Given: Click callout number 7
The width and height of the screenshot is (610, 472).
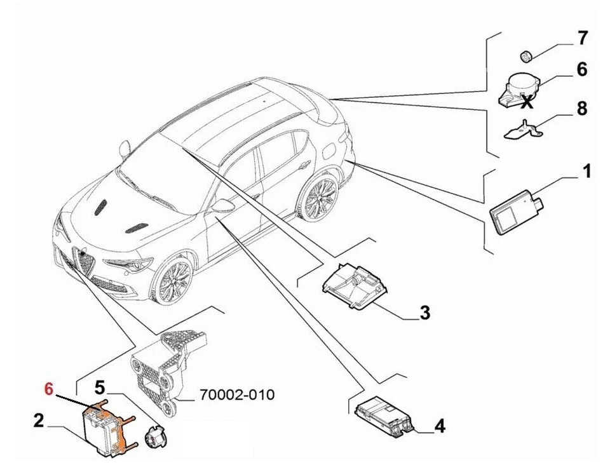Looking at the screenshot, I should tap(582, 37).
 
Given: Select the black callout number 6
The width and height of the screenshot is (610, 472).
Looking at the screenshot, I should tap(582, 69).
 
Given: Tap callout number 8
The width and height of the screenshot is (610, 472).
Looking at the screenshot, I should tap(582, 108).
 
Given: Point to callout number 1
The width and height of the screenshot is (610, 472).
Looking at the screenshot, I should tap(586, 171).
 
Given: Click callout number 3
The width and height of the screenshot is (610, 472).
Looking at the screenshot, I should tap(424, 313).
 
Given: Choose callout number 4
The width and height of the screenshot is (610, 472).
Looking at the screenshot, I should tap(439, 426).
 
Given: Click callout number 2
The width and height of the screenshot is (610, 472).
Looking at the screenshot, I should tap(39, 421).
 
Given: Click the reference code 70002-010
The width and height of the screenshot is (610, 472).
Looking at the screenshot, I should tap(237, 395).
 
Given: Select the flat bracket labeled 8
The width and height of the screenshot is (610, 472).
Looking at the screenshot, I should tap(522, 130).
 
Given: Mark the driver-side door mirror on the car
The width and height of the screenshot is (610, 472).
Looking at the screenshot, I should tap(223, 205).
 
